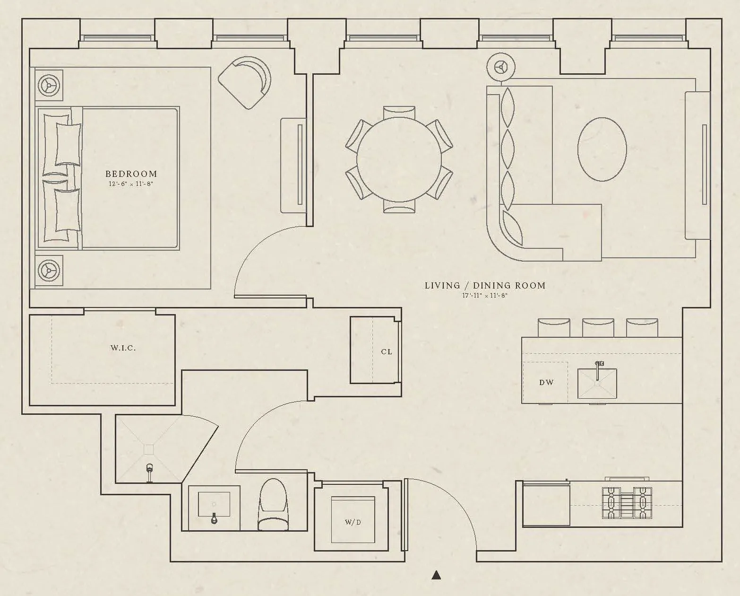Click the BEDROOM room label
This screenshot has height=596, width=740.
click(131, 174)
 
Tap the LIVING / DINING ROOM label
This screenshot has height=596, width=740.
click(485, 285)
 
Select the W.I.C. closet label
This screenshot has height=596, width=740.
click(123, 348)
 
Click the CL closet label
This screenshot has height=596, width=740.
click(387, 351)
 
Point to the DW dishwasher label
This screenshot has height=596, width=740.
click(546, 382)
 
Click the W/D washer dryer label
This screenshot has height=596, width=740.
click(353, 522)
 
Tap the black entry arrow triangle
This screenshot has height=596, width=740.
click(437, 575)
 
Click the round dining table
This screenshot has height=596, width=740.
click(399, 159)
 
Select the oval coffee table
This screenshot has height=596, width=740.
click(602, 149)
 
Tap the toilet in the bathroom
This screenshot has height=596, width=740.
click(273, 504)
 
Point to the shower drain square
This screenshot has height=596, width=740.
click(149, 449)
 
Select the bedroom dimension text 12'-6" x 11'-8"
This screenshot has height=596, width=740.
click(131, 184)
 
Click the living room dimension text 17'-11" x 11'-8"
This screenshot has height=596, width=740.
click(485, 296)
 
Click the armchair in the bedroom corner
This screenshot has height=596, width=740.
click(245, 81)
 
